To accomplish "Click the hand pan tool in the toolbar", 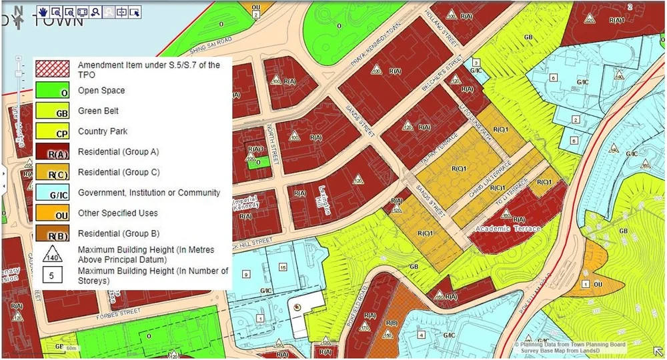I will pos(43,11).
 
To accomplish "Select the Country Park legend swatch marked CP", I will pos(53,132).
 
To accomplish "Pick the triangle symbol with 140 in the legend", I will pos(53,254).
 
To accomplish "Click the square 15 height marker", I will pos(283,267).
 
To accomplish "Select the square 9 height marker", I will pos(246,274).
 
